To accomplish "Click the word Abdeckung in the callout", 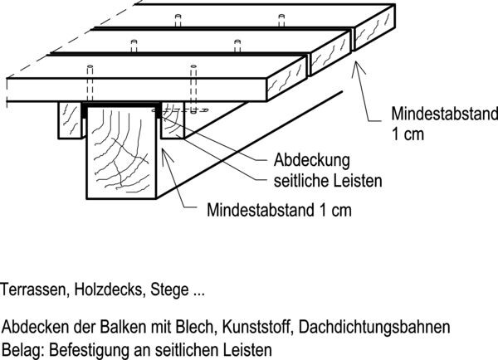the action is [311, 161].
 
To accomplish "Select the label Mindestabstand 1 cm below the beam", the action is [279, 210].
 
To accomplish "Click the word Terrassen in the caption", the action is [35, 289].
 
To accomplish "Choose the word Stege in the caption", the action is [169, 290].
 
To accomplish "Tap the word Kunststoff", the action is [257, 327].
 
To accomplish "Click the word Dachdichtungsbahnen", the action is [374, 327].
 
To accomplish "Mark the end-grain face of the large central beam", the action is [121, 153].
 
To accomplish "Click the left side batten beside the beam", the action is [70, 120].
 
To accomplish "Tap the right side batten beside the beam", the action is [173, 120].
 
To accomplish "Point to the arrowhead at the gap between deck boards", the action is [357, 67].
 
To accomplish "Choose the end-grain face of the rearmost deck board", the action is [375, 27].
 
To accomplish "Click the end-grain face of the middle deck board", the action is [331, 53].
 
